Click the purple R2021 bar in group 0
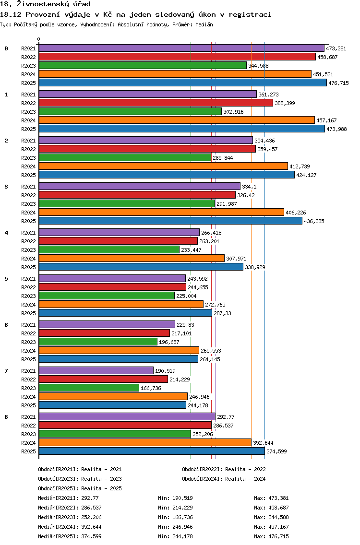(x=181, y=48)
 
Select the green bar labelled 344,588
(x=143, y=65)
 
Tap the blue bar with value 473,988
(x=182, y=129)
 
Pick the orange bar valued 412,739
(x=164, y=166)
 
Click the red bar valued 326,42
(x=137, y=195)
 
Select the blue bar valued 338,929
(x=141, y=267)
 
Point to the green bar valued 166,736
(x=89, y=388)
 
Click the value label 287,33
(x=222, y=313)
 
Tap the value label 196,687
(x=169, y=342)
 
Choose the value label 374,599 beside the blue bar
(x=276, y=451)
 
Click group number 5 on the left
(x=6, y=279)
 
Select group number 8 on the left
(x=6, y=417)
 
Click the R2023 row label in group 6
(x=28, y=342)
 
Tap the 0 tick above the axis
(x=38, y=39)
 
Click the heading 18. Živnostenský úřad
(x=45, y=4)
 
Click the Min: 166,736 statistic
(x=175, y=517)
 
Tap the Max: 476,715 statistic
(x=271, y=536)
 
